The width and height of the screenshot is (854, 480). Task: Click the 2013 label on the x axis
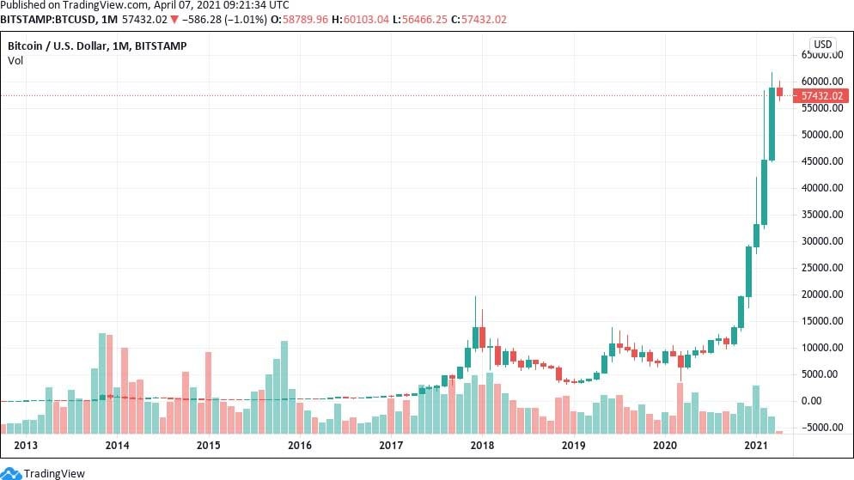[27, 446]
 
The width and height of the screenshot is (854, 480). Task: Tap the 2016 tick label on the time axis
[299, 446]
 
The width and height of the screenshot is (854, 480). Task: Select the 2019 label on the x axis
[572, 446]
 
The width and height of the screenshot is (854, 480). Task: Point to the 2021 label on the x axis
[755, 446]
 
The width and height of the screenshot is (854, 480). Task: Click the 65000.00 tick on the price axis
[822, 55]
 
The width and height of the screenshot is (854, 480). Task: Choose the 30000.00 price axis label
[822, 241]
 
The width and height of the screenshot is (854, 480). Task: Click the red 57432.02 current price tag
[822, 95]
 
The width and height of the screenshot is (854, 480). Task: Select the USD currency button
[822, 45]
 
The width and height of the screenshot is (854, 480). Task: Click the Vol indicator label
[15, 60]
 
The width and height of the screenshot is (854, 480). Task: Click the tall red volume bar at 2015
[208, 392]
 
